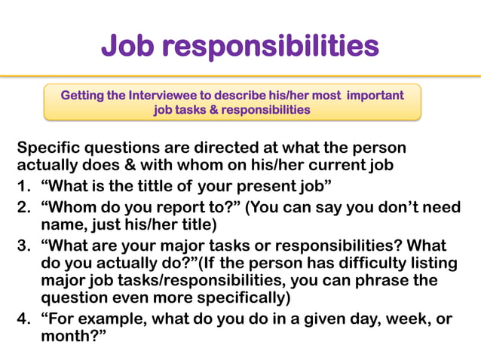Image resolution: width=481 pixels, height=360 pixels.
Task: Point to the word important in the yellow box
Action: point(375,96)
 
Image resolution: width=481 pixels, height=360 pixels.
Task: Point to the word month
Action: point(67,337)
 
